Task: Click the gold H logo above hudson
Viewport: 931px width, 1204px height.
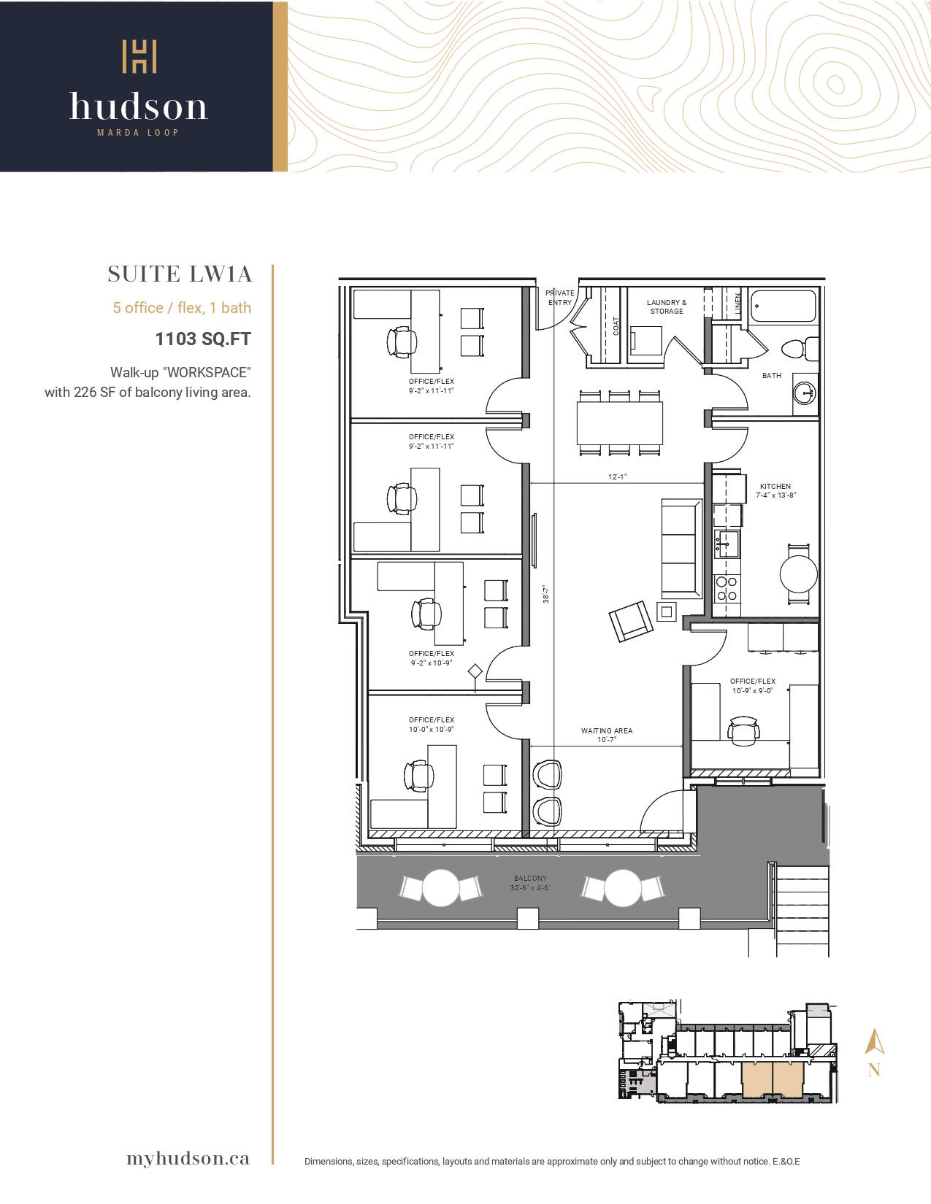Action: [139, 56]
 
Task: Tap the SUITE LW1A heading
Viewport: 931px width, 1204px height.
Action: [180, 274]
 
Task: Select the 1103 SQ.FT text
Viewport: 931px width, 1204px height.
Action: [203, 339]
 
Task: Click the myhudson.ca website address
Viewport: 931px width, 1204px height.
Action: [188, 1158]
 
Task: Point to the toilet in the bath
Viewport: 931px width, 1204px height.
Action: [800, 348]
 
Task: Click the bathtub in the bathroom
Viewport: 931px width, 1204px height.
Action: [784, 306]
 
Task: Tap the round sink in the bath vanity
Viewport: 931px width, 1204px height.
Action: [805, 393]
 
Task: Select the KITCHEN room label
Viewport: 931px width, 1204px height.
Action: [775, 486]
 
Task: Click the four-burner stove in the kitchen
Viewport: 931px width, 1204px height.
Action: [727, 588]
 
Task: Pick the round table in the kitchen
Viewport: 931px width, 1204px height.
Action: [799, 574]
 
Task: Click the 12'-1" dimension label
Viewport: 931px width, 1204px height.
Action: [617, 476]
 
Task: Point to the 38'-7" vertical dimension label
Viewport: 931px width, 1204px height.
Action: [546, 594]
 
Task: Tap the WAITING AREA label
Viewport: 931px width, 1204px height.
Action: [607, 730]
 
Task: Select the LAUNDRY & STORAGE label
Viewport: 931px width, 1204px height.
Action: [667, 306]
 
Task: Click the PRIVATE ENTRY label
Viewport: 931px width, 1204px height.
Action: [559, 298]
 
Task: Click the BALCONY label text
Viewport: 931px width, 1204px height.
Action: [530, 879]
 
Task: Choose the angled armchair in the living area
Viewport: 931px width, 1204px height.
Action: [631, 622]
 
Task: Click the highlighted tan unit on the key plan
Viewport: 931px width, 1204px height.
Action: [773, 1080]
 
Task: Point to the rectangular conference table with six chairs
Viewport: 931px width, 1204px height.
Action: [619, 422]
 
